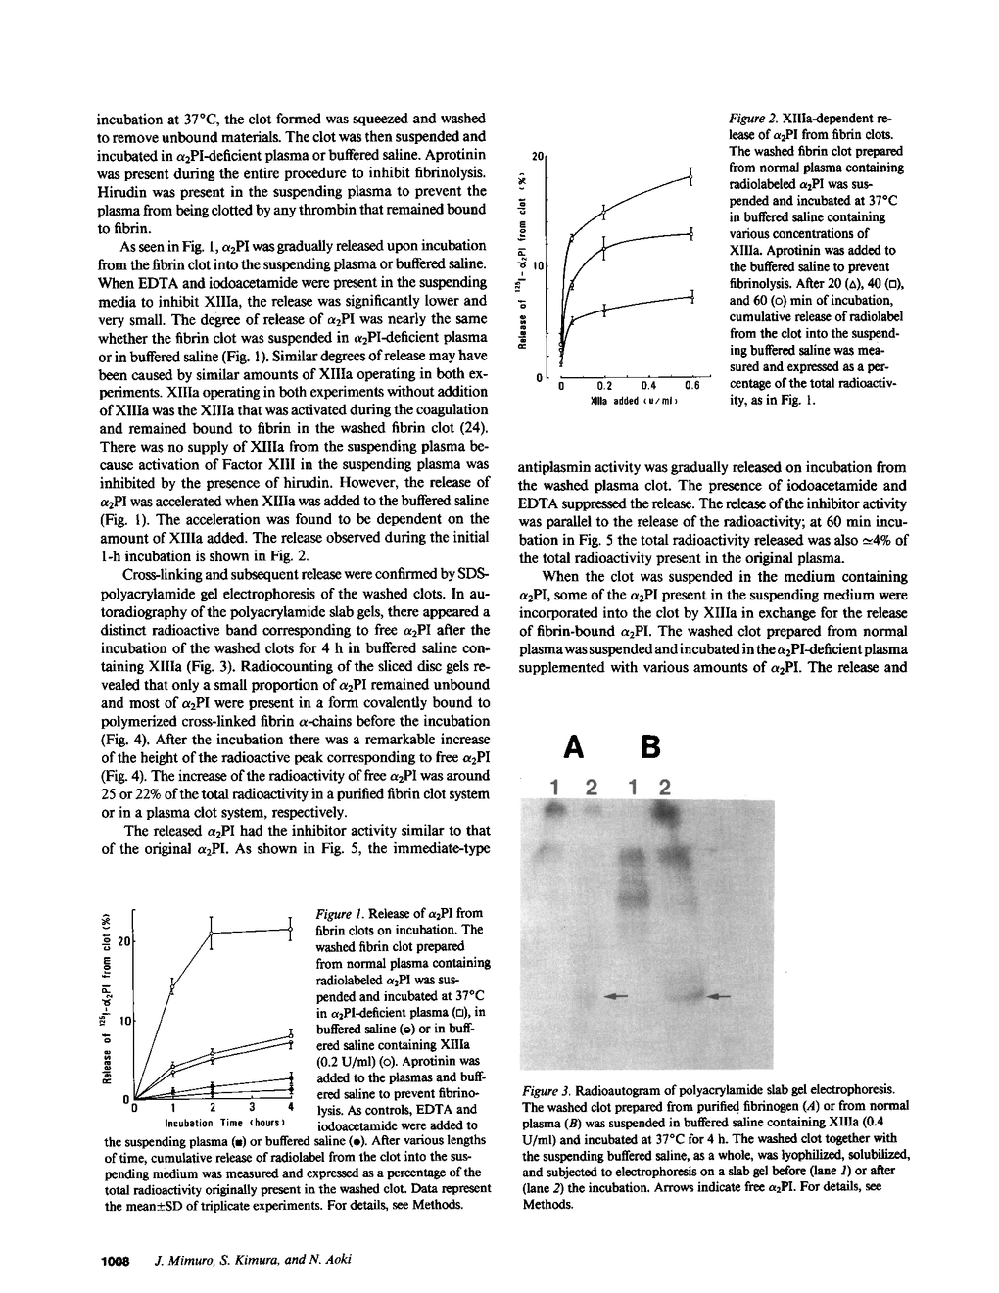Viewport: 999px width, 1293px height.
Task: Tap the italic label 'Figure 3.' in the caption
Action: coord(547,1089)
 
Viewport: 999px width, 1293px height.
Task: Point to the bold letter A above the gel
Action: coord(575,747)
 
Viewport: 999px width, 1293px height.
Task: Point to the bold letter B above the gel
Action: coord(649,747)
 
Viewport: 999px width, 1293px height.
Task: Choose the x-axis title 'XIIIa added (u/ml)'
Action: coord(628,402)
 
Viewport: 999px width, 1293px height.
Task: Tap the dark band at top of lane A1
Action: coord(556,811)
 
